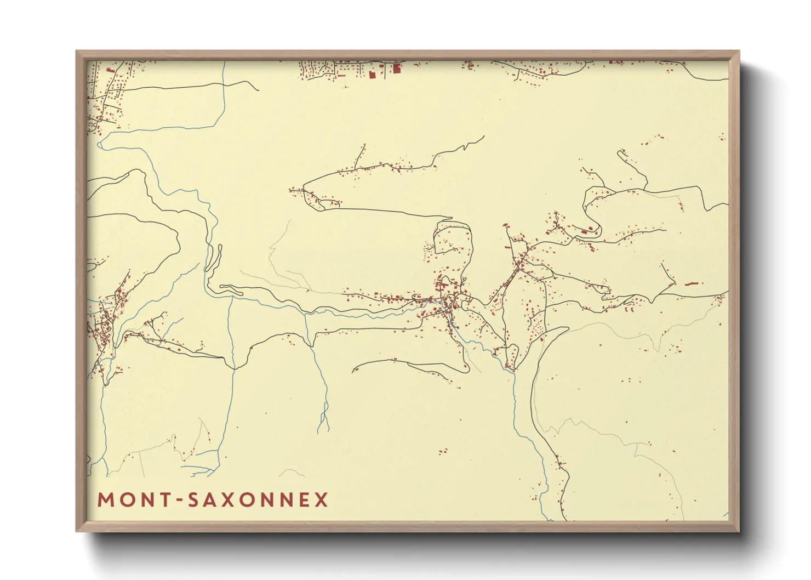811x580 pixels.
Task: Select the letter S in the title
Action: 193,500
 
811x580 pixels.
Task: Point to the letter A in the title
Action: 211,500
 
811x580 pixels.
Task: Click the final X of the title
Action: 321,500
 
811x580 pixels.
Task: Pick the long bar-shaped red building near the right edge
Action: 693,284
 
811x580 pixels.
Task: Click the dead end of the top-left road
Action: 258,90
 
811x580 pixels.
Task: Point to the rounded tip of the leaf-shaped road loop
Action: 564,329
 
